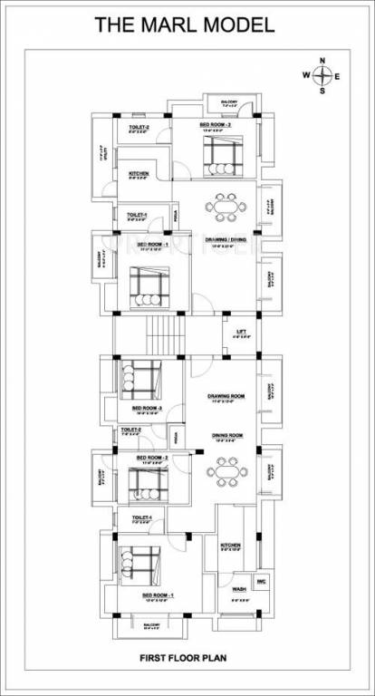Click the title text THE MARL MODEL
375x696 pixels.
(x=185, y=25)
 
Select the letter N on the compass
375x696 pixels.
(x=322, y=61)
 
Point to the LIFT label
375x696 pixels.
(x=241, y=332)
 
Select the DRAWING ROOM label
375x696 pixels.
(x=226, y=396)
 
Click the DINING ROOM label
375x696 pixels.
(x=226, y=436)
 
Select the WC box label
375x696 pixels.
(x=261, y=581)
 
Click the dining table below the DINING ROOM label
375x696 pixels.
(x=223, y=470)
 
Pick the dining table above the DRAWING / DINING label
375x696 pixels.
(x=223, y=207)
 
